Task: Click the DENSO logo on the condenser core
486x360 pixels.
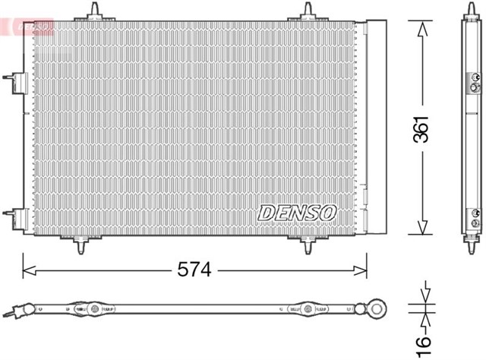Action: pos(296,213)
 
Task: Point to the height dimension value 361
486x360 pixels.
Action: pos(422,128)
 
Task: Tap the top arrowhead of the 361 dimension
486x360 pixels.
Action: pos(422,25)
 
